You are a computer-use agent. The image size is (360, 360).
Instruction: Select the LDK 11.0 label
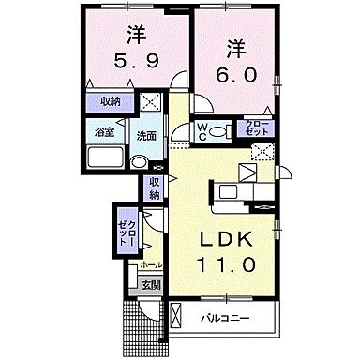[225, 252]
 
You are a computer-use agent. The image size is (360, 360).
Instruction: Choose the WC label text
[202, 131]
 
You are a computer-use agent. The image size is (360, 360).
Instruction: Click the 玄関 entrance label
[151, 284]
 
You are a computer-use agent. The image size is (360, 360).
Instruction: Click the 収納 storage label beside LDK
[156, 187]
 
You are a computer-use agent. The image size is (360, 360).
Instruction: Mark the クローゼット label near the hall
[126, 228]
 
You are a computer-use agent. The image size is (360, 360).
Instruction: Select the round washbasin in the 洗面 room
[139, 160]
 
